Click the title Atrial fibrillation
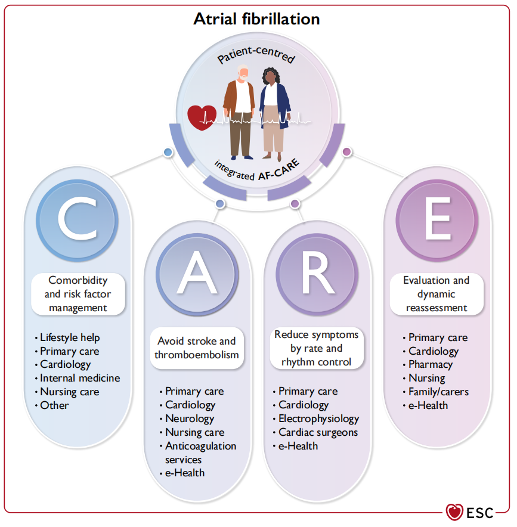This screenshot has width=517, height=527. (x=256, y=19)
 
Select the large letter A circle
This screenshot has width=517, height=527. (x=197, y=275)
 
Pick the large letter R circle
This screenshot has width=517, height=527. (x=315, y=275)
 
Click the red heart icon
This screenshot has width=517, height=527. (x=202, y=117)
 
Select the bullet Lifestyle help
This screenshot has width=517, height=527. (x=70, y=337)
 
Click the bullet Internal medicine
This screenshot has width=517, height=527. (x=80, y=378)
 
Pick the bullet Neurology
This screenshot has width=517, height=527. (x=190, y=418)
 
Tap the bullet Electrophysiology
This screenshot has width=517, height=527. (x=319, y=418)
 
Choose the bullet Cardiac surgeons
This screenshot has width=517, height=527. (x=318, y=432)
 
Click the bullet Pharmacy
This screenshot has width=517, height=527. (x=430, y=364)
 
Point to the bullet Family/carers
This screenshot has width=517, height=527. (x=438, y=392)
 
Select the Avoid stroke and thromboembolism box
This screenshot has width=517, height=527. (x=196, y=348)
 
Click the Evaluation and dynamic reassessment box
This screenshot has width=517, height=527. (x=436, y=294)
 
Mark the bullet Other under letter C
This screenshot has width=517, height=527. (x=54, y=405)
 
